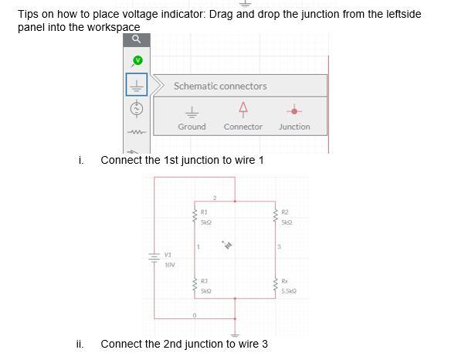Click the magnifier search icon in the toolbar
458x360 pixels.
[x=136, y=39]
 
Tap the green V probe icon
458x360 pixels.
[x=137, y=59]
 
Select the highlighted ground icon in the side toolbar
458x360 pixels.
[x=137, y=84]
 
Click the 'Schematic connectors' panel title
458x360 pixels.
[x=220, y=86]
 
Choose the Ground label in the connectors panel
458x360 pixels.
[x=192, y=127]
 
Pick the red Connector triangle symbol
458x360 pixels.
[x=243, y=107]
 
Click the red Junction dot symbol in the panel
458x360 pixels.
[x=294, y=109]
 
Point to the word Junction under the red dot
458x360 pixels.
[x=294, y=127]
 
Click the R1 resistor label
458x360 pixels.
[x=204, y=211]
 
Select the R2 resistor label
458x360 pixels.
[x=284, y=211]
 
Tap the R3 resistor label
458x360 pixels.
[x=204, y=280]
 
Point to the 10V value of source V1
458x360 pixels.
[x=169, y=264]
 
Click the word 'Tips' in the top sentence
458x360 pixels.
[x=29, y=14]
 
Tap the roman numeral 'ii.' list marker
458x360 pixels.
[x=80, y=344]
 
